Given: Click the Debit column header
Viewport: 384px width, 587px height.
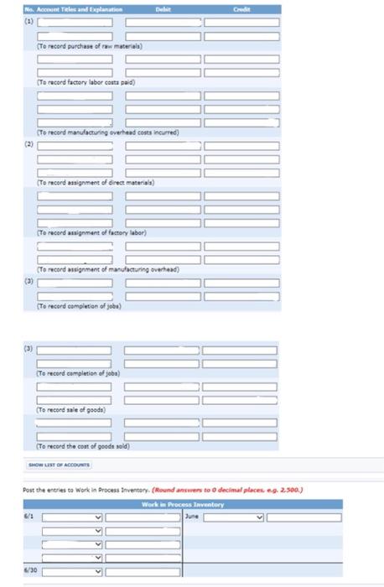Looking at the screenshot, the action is point(163,8).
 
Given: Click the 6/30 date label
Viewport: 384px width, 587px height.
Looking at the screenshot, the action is point(29,572).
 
